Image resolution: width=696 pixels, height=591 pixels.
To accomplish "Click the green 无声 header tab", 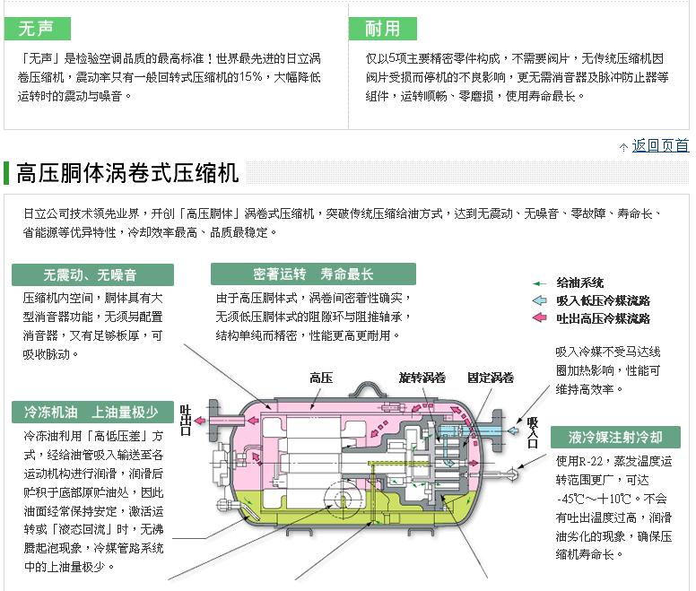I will pos(37,28).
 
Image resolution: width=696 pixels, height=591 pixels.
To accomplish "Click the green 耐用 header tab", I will pos(382,28).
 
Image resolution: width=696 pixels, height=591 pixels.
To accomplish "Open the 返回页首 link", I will pos(660,145).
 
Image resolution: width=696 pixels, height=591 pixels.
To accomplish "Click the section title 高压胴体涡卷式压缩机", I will pos(128,172).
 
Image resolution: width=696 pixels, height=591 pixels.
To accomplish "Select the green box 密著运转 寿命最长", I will pos(313,274).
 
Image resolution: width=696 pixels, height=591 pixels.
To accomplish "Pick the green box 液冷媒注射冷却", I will pos(615,438).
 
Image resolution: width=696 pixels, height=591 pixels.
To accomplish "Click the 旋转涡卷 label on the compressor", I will pos(422,378).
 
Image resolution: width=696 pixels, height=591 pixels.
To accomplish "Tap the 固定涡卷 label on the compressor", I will pos(490,378).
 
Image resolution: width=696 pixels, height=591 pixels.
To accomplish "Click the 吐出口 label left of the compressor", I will pos(186,420).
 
